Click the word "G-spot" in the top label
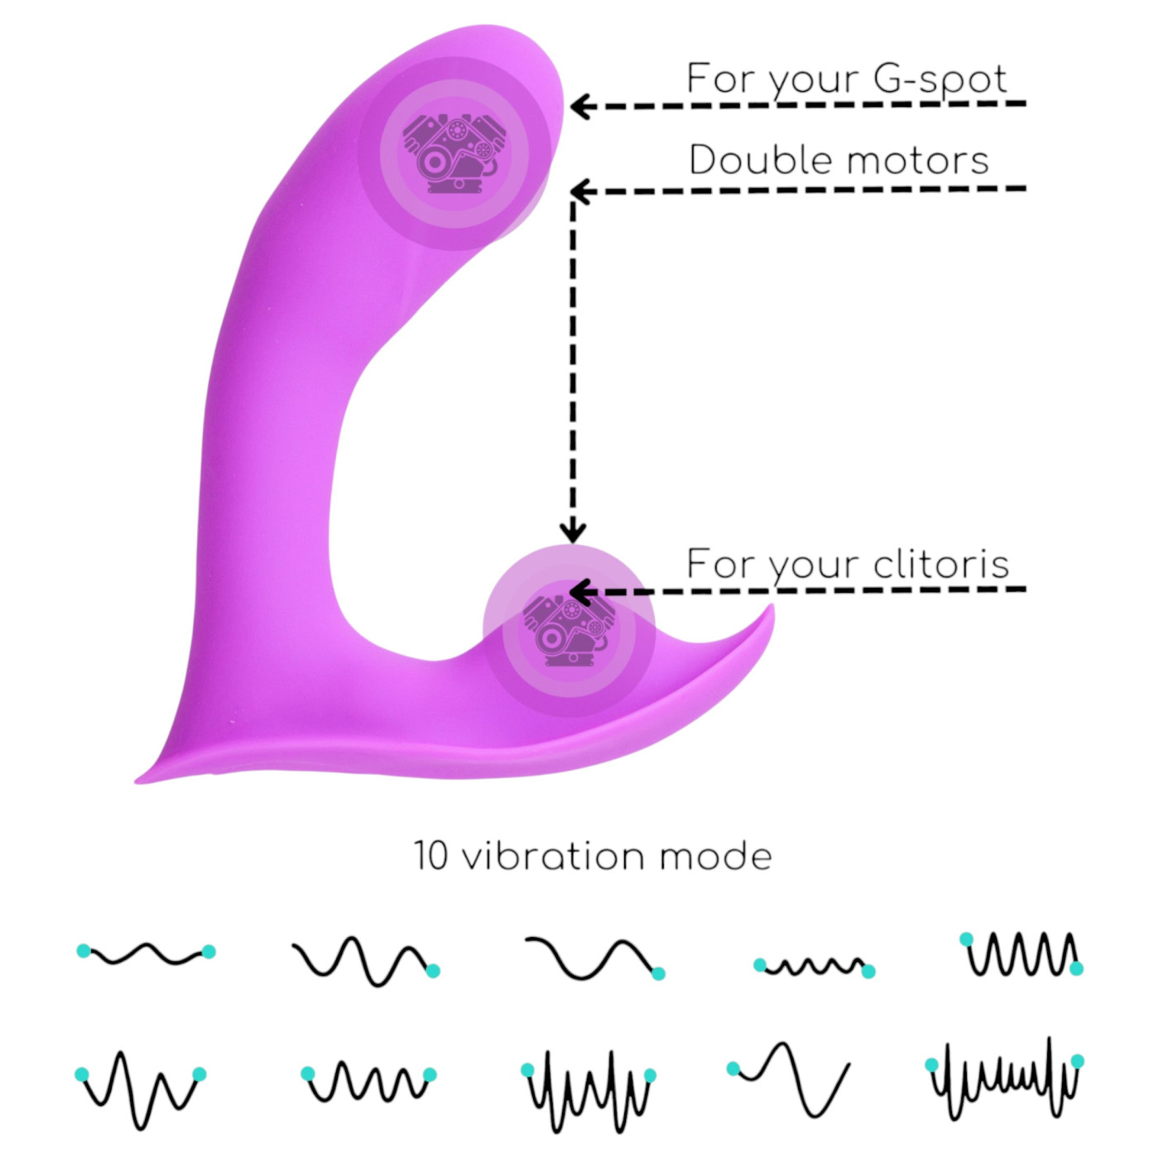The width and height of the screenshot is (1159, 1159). (940, 80)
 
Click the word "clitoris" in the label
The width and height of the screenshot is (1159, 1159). (941, 565)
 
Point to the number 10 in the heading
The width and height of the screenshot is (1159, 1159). (430, 856)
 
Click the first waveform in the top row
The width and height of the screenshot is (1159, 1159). (146, 954)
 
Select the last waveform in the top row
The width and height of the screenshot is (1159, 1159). (1022, 954)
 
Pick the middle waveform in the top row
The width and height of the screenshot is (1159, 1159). (591, 959)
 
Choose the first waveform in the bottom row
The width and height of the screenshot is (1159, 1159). (141, 1089)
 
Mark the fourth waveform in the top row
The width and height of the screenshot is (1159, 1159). (813, 966)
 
